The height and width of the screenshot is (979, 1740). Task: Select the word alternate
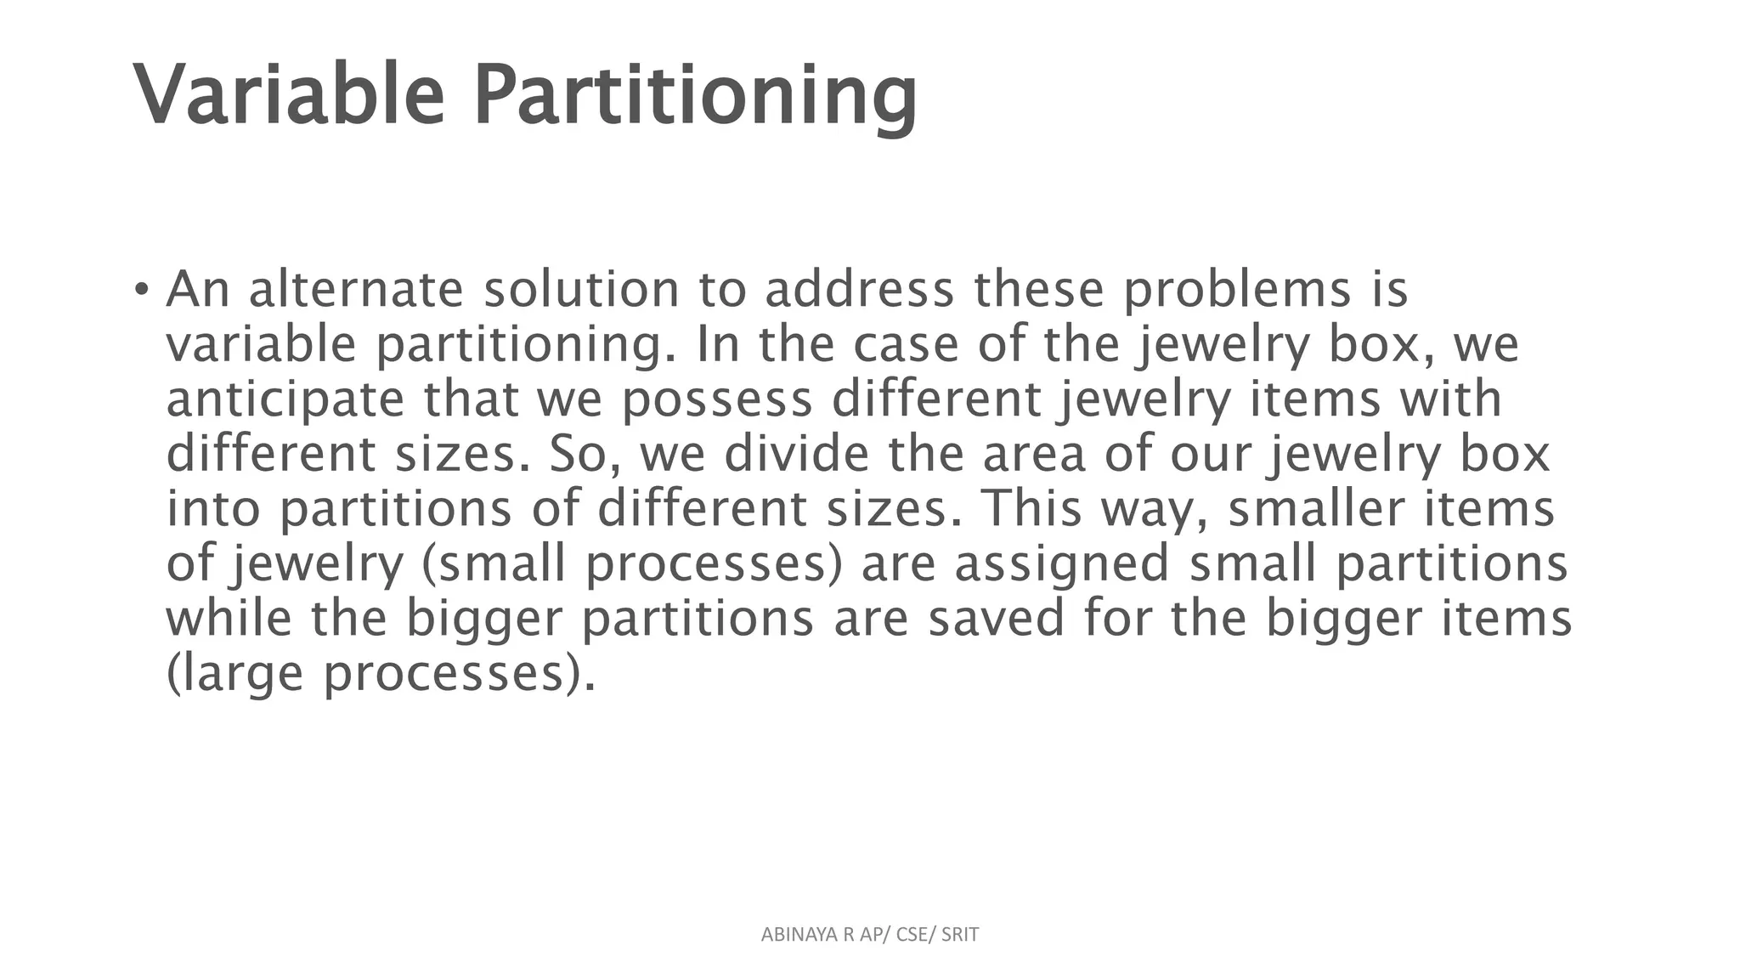[x=356, y=290]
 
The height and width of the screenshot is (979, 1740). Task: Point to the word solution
[x=581, y=290]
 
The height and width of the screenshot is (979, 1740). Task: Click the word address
[x=859, y=290]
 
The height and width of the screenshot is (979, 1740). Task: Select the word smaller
[x=1316, y=509]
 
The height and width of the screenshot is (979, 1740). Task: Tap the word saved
[x=995, y=619]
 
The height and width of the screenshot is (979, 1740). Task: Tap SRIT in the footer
[x=960, y=935]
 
